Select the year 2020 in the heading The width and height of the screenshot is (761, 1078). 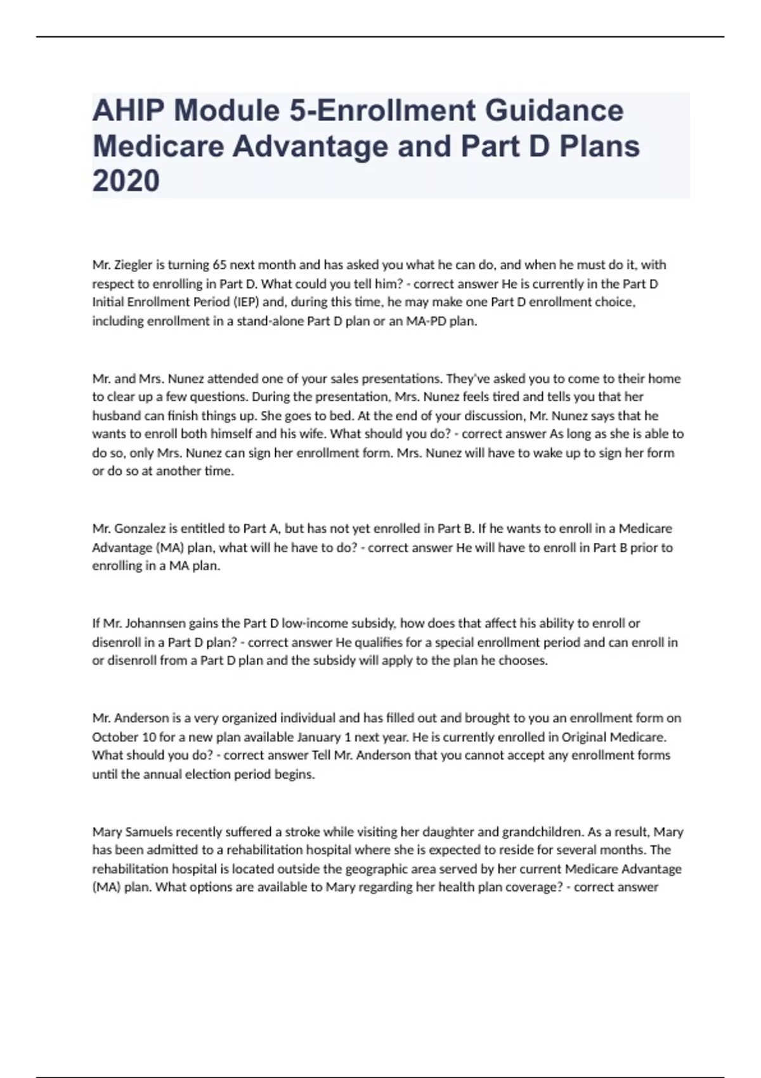coord(126,181)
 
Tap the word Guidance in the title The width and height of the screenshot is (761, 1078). coord(554,110)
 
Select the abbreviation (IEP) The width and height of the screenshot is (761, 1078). coord(242,302)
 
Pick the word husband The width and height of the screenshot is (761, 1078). coord(115,416)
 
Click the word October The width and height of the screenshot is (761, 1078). coord(115,737)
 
